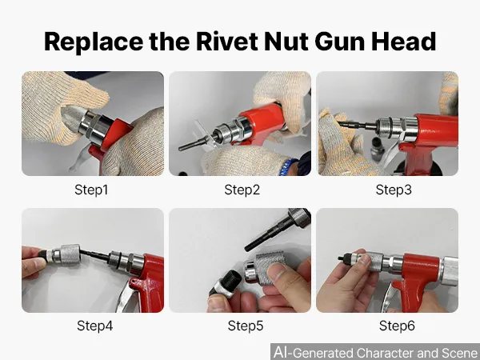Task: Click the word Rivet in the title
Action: point(227,42)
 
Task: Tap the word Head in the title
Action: point(404,42)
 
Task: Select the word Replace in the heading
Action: point(94,42)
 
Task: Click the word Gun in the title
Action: point(340,42)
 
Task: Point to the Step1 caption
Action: point(91,190)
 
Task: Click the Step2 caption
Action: point(242,190)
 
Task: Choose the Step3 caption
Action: point(394,190)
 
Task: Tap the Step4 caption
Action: point(95,326)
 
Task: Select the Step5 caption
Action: point(246,326)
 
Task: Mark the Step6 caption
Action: point(397,326)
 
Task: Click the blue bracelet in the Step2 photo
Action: point(287,167)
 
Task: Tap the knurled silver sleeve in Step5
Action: point(270,266)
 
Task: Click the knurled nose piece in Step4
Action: point(70,254)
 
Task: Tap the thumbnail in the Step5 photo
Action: point(277,271)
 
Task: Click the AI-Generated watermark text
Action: point(375,352)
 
